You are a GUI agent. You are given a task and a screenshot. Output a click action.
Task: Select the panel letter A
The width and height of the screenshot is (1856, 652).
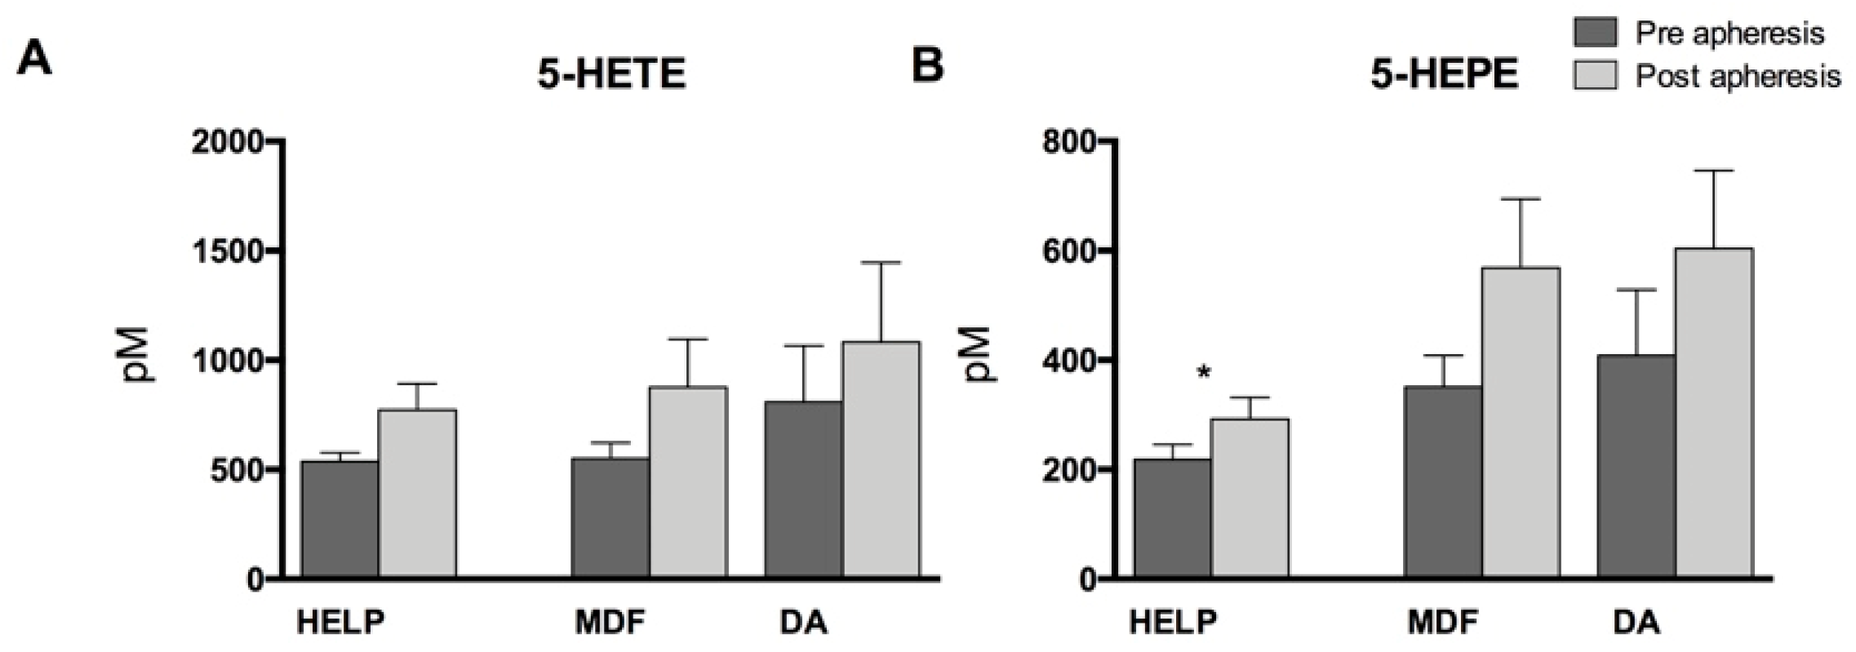pyautogui.click(x=34, y=59)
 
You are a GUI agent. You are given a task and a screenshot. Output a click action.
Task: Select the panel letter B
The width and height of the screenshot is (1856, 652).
pyautogui.click(x=926, y=65)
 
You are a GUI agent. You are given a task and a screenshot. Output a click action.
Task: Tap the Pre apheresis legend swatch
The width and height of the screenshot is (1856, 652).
pyautogui.click(x=1594, y=33)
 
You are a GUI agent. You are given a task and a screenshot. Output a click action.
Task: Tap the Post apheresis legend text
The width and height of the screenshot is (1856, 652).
pyautogui.click(x=1738, y=77)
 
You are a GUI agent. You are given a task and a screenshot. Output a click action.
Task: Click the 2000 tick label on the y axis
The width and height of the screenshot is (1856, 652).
pyautogui.click(x=228, y=142)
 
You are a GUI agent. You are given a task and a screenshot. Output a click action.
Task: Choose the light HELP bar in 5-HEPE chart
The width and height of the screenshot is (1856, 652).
pyautogui.click(x=1250, y=498)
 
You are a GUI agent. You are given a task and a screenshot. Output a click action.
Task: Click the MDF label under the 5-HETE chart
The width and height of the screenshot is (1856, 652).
pyautogui.click(x=611, y=623)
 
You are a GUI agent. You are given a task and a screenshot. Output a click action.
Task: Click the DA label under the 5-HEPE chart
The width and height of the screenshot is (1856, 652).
pyautogui.click(x=1637, y=623)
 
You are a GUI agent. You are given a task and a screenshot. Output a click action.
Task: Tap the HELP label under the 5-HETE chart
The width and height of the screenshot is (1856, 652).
pyautogui.click(x=340, y=623)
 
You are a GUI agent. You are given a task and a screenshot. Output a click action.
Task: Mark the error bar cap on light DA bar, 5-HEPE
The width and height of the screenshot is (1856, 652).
pyautogui.click(x=1714, y=171)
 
